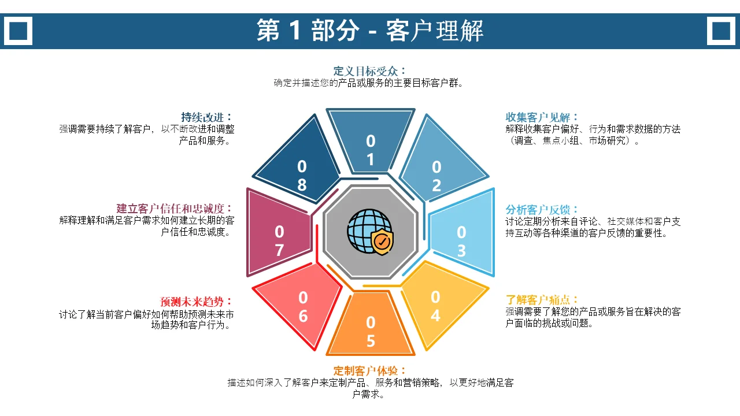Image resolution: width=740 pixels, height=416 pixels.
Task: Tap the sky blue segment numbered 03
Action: pos(462,232)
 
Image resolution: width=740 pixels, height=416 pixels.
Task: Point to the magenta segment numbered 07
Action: pos(279,232)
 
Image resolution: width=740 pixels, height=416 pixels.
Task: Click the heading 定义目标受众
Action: pos(365,71)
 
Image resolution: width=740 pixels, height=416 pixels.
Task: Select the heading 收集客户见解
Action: pos(538,117)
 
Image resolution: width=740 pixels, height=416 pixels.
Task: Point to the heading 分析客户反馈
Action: pos(538,210)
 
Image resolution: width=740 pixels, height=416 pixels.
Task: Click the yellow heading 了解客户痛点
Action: pos(538,300)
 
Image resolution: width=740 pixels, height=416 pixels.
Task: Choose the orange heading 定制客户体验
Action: pos(365,371)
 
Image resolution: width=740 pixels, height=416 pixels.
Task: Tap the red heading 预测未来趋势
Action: pos(192,302)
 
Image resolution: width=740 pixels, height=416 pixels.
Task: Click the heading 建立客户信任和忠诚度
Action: pos(171,209)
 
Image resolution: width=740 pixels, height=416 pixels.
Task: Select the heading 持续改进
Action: pos(202,117)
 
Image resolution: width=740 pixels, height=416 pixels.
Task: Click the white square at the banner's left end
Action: pos(18,31)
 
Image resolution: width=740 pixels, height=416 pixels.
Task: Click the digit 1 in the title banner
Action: pos(295,30)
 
